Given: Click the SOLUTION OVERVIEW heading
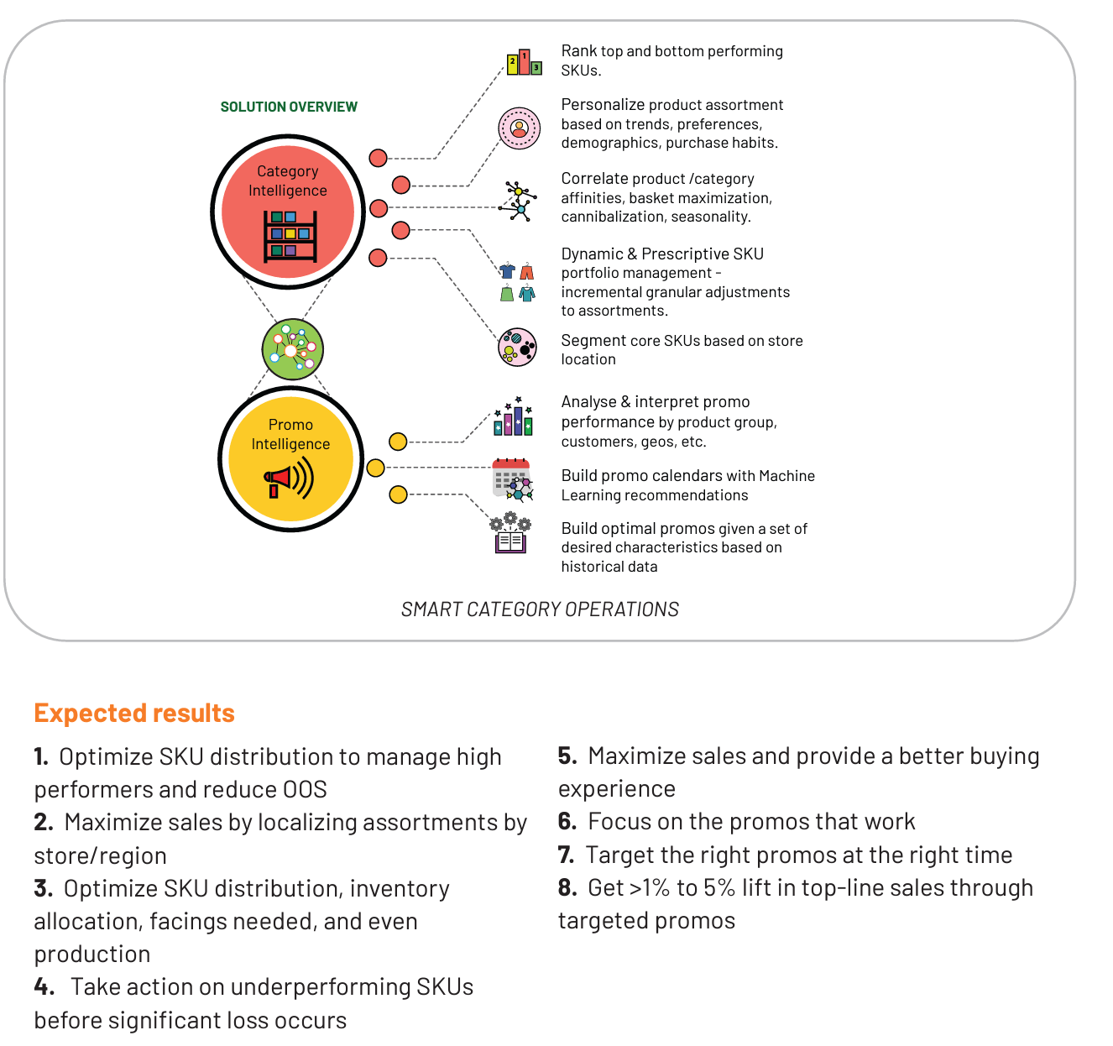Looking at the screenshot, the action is click(x=289, y=107).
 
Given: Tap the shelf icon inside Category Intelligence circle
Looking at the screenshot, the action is click(x=290, y=236).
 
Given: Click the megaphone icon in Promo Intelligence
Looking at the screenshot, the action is click(x=289, y=479).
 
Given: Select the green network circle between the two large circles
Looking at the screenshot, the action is click(x=293, y=349).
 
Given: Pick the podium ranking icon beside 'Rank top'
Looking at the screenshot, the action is click(x=524, y=62).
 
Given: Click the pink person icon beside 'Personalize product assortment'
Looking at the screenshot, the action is click(x=520, y=128).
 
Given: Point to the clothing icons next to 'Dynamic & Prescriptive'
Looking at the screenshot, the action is click(x=517, y=282).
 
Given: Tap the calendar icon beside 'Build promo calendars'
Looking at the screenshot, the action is click(x=512, y=480).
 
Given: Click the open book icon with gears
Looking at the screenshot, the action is click(x=510, y=532).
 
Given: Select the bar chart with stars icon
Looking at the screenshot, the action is click(x=513, y=416).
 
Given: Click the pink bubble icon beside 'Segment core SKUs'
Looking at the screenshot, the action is click(x=517, y=348).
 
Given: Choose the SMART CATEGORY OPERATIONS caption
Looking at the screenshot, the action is click(x=540, y=609).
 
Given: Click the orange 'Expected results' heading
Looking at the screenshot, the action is click(x=134, y=713).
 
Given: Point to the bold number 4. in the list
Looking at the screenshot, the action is click(x=44, y=986).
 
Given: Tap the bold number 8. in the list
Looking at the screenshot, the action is click(x=567, y=887).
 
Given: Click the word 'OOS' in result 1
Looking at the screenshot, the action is click(x=305, y=789).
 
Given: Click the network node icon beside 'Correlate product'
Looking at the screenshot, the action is click(x=518, y=201).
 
